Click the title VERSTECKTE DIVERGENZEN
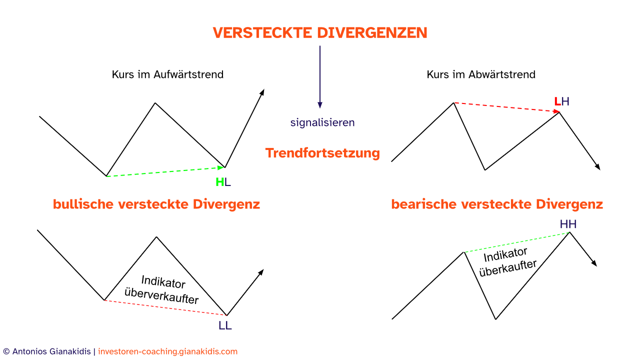pyautogui.click(x=320, y=32)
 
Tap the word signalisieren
pyautogui.click(x=322, y=122)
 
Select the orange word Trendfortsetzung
pyautogui.click(x=322, y=153)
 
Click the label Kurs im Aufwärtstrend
pyautogui.click(x=167, y=74)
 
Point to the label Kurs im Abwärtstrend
pyautogui.click(x=481, y=74)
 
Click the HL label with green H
pyautogui.click(x=223, y=182)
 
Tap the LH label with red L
pyautogui.click(x=561, y=101)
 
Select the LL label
pyautogui.click(x=225, y=325)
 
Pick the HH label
pyautogui.click(x=568, y=224)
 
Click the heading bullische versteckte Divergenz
pyautogui.click(x=156, y=204)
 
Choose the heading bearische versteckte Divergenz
pyautogui.click(x=497, y=204)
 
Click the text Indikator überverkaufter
pyautogui.click(x=162, y=289)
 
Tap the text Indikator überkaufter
pyautogui.click(x=507, y=261)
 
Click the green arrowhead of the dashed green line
pyautogui.click(x=221, y=167)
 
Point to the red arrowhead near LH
pyautogui.click(x=556, y=111)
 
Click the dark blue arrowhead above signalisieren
pyautogui.click(x=320, y=105)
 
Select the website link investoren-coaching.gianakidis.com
pyautogui.click(x=167, y=351)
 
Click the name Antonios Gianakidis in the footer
pyautogui.click(x=51, y=351)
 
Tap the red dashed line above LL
pyautogui.click(x=165, y=307)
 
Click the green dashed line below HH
pyautogui.click(x=516, y=242)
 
